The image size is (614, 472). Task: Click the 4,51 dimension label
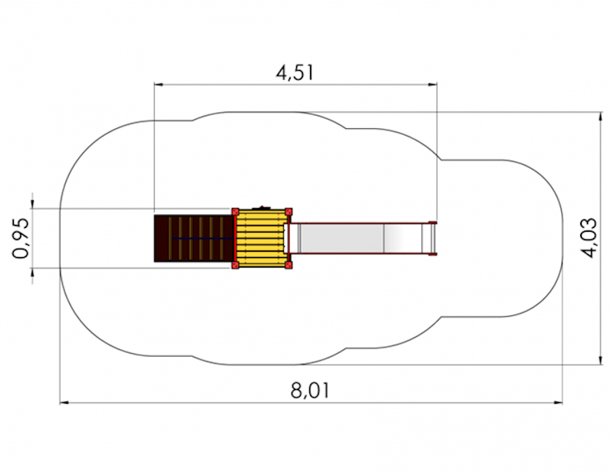(295, 73)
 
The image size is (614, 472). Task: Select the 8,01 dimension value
(310, 391)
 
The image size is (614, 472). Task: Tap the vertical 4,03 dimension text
(589, 238)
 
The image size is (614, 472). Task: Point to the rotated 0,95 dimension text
(21, 238)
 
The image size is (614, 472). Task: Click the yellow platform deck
(262, 238)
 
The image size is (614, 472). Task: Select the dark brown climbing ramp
(194, 238)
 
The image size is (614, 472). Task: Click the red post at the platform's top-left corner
(235, 212)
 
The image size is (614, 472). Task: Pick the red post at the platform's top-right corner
(289, 212)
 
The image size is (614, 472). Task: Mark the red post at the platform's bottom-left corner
(235, 266)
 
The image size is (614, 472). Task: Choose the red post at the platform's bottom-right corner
(289, 266)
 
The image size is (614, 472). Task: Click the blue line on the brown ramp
(203, 238)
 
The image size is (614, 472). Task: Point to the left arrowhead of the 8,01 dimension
(64, 402)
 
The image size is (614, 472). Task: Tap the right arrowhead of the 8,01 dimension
(558, 402)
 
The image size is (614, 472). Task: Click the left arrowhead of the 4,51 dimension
(159, 84)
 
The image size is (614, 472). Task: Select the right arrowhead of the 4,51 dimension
(432, 84)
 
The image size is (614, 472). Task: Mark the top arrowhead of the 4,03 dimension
(600, 117)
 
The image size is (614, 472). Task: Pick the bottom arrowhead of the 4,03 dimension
(600, 360)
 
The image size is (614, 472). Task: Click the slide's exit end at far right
(432, 238)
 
